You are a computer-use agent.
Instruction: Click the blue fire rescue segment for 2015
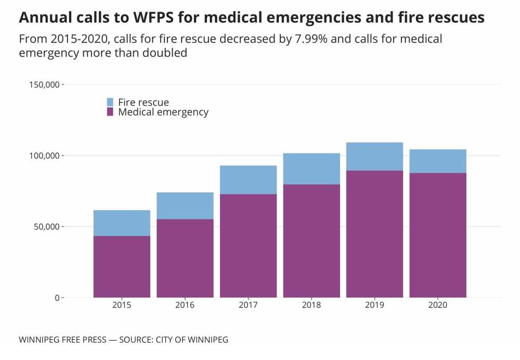pyautogui.click(x=122, y=223)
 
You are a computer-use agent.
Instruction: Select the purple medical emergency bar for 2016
pyautogui.click(x=185, y=258)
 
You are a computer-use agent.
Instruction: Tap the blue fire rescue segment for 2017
pyautogui.click(x=248, y=179)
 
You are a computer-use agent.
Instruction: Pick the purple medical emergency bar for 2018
pyautogui.click(x=311, y=241)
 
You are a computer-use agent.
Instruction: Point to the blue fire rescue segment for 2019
pyautogui.click(x=374, y=156)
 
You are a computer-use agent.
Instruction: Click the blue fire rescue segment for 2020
pyautogui.click(x=438, y=161)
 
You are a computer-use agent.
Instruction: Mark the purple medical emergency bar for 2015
pyautogui.click(x=122, y=266)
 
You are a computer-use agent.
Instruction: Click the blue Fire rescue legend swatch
pyautogui.click(x=110, y=102)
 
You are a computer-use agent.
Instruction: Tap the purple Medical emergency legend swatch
pyautogui.click(x=110, y=112)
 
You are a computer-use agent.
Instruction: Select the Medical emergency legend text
pyautogui.click(x=163, y=112)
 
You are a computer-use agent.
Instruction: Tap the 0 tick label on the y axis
pyautogui.click(x=57, y=298)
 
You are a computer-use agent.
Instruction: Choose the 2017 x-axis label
pyautogui.click(x=248, y=305)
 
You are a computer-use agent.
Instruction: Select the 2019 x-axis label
pyautogui.click(x=374, y=305)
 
